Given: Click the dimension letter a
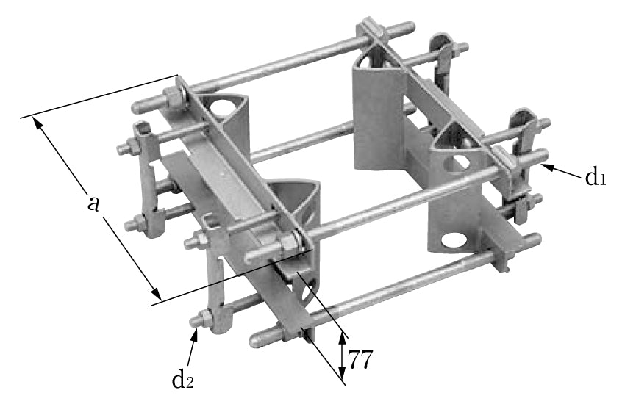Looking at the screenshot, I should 93,203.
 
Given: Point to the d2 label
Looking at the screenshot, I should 185,378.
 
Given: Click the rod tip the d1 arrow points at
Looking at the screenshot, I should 543,156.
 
